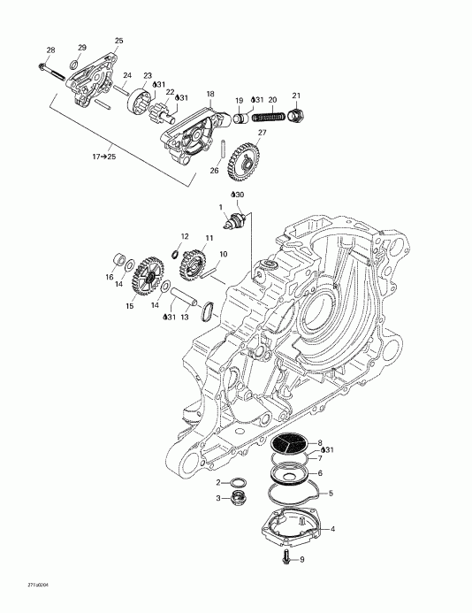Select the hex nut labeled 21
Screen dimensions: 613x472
[297, 114]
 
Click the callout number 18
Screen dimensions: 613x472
[210, 93]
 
